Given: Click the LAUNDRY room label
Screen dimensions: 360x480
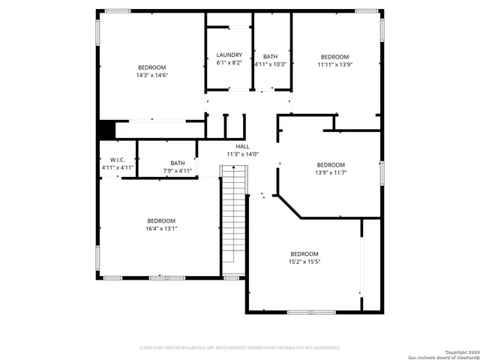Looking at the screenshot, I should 229,55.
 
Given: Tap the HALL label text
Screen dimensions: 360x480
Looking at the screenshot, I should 242,146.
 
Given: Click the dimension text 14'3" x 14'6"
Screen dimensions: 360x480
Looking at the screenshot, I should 151,75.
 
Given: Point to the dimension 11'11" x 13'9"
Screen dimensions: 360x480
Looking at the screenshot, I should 334,65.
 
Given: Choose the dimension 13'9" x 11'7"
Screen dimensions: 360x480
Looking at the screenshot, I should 331,172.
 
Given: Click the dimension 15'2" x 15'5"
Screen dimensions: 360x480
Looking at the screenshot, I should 304,262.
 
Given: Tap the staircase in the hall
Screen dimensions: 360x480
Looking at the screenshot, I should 233,221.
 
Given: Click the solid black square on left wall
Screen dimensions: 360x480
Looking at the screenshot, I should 106,130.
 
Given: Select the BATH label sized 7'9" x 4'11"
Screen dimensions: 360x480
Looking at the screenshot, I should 178,163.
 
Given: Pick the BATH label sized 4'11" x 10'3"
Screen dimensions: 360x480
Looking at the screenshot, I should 270,56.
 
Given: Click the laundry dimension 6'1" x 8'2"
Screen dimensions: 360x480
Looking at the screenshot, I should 229,64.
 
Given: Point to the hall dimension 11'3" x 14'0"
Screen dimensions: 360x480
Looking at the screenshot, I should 242,154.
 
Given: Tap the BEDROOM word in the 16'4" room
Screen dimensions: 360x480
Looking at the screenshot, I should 161,220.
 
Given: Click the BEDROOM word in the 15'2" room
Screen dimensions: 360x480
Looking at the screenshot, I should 304,253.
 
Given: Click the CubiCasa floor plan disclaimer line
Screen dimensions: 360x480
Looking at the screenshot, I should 240,347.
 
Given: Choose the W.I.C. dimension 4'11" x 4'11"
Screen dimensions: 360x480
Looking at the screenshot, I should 117,168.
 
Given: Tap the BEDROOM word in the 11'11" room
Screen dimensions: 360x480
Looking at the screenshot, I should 334,57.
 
